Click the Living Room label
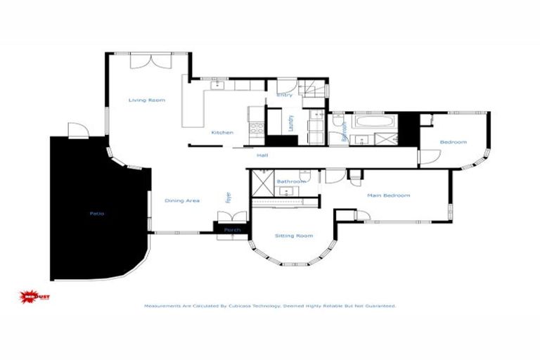146,101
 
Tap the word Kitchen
222,132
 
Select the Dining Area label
182,201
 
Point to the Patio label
97,213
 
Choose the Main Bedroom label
388,195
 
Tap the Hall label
262,155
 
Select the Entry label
285,94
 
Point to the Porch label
232,230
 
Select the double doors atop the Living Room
149,61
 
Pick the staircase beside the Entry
314,89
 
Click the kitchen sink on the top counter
217,86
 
